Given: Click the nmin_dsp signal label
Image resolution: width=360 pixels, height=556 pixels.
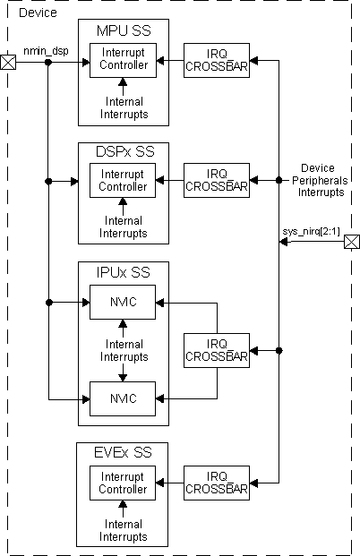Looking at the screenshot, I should (46, 52).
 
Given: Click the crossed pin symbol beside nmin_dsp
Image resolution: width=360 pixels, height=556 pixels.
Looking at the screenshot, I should (8, 63).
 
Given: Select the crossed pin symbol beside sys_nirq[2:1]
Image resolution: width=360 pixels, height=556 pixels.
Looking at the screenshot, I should (351, 242).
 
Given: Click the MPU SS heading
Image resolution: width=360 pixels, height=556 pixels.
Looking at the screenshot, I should (123, 31).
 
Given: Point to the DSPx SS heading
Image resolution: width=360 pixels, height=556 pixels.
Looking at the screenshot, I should (124, 151).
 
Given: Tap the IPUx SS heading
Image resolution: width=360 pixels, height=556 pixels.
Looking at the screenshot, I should (124, 269).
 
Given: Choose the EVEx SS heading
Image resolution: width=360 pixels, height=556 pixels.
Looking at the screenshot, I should (124, 452).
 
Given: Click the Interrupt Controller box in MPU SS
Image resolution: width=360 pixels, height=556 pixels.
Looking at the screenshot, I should (123, 63).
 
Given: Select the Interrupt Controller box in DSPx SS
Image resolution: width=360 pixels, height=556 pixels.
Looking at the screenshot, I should (123, 181).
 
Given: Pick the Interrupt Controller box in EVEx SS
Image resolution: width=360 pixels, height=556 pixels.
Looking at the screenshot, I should (123, 483).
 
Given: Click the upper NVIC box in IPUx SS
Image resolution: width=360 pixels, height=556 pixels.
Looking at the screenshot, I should (123, 303).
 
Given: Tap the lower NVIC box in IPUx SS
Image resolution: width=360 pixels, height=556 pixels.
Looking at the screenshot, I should (123, 393).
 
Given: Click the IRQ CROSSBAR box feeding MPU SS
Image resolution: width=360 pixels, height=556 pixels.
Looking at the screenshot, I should (216, 63).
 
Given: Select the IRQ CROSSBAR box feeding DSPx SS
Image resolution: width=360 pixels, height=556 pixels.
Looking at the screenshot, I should (216, 181).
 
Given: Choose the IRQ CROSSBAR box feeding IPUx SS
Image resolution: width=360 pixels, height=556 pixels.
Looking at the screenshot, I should (216, 348).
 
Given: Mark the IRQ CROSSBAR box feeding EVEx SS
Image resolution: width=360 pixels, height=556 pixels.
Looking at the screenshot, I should (216, 483).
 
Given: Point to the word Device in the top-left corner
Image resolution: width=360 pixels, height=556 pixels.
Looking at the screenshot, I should (38, 13).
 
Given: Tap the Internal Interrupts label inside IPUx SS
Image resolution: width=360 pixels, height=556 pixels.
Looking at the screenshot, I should (123, 350).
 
